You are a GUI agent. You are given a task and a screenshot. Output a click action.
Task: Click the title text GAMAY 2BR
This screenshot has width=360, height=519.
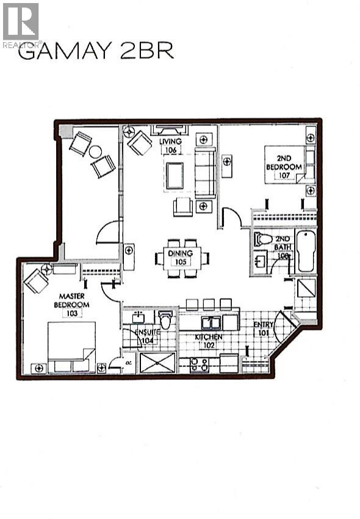pyautogui.click(x=96, y=51)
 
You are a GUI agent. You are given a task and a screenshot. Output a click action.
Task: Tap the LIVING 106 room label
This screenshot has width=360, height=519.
pyautogui.click(x=171, y=146)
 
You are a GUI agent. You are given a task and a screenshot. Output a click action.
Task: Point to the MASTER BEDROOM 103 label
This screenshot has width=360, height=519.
pyautogui.click(x=71, y=305)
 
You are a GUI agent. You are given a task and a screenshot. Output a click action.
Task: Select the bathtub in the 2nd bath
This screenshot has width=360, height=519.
pyautogui.click(x=305, y=251)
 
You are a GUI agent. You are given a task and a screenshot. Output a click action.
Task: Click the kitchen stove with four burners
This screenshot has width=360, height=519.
pyautogui.click(x=200, y=365)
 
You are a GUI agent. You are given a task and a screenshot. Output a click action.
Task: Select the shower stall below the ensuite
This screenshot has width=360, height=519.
pyautogui.click(x=157, y=362)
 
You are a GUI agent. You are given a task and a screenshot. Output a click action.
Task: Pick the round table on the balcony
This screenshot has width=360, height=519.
pyautogui.click(x=95, y=152)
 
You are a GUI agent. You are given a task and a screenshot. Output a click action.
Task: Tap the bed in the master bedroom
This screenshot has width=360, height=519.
pyautogui.click(x=72, y=346)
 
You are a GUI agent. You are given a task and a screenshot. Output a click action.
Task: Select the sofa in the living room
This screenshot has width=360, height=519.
pyautogui.click(x=205, y=174)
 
